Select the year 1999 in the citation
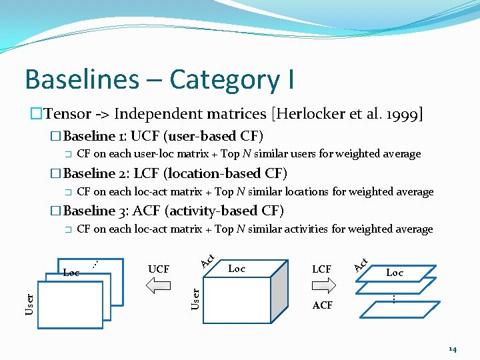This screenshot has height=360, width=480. click(x=399, y=115)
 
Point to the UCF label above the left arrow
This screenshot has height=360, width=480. click(x=158, y=269)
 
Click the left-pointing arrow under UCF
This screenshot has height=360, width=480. click(x=158, y=286)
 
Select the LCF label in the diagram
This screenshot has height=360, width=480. click(x=322, y=269)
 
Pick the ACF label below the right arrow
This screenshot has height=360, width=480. click(x=323, y=305)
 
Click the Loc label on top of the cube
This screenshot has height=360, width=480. click(x=237, y=269)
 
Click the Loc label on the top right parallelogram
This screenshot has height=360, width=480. click(x=395, y=272)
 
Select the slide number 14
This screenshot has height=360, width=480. click(x=453, y=349)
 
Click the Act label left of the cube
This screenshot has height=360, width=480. click(x=207, y=261)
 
